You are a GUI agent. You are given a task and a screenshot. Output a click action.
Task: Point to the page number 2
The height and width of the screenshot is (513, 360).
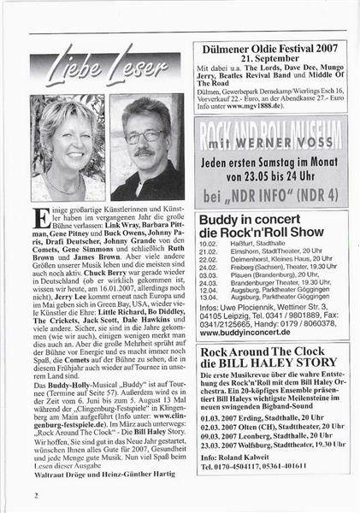tap(36, 493)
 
